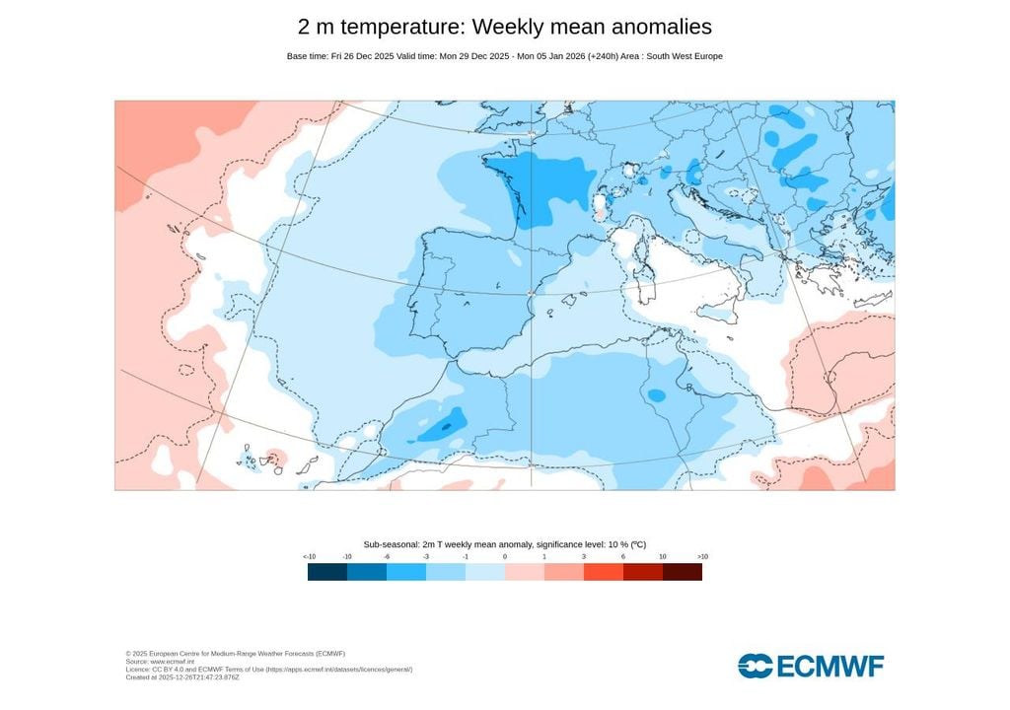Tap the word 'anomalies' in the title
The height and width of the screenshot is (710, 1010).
(660, 28)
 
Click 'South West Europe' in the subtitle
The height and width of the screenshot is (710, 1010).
(684, 56)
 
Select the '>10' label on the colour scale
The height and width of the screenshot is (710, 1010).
(701, 557)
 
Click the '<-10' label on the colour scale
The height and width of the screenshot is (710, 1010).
(309, 557)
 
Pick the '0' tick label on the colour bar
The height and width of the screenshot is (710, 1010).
(505, 557)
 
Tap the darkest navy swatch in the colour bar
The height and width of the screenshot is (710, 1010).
(327, 572)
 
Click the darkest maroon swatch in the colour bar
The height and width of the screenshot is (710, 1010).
(683, 572)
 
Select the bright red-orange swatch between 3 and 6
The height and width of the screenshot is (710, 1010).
(604, 572)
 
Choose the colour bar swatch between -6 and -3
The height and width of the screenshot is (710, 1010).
(406, 572)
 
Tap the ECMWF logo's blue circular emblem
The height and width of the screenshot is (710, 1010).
(756, 667)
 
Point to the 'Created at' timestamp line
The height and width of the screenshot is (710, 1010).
(182, 677)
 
